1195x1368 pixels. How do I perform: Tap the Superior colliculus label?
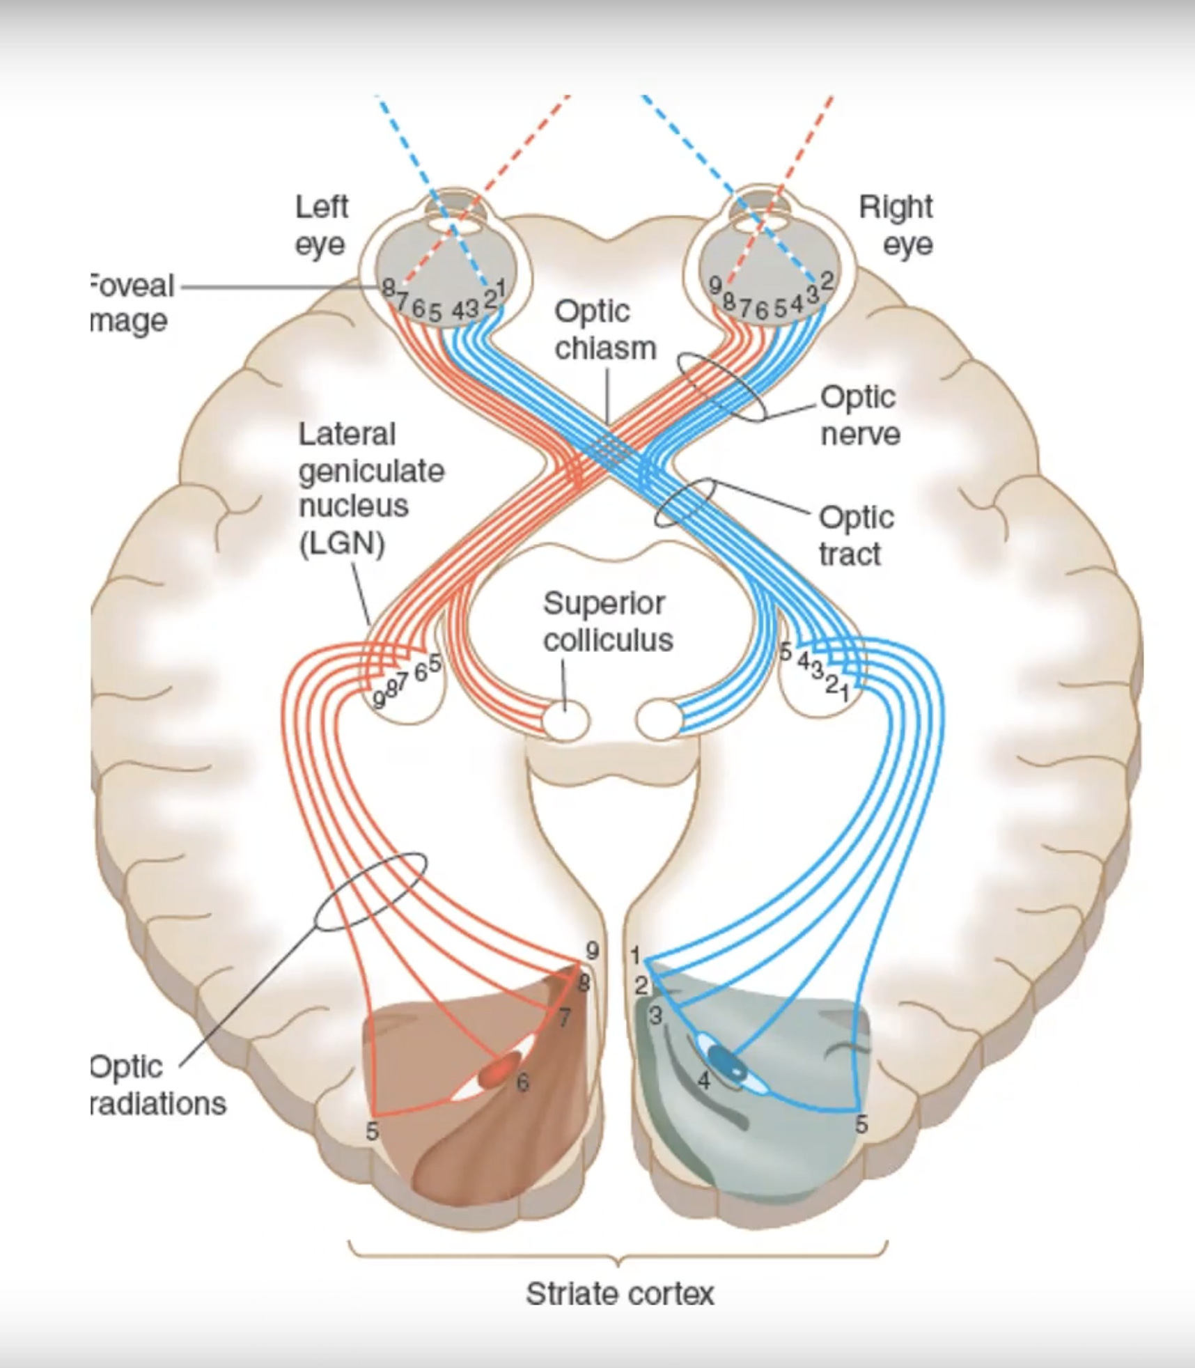pyautogui.click(x=607, y=621)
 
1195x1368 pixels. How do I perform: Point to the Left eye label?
pyautogui.click(x=321, y=225)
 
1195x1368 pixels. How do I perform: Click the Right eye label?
pyautogui.click(x=897, y=225)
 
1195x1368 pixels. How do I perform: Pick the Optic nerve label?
pyautogui.click(x=859, y=415)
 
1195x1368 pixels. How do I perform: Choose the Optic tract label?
pyautogui.click(x=855, y=536)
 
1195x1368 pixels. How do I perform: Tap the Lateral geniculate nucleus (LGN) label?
pyautogui.click(x=370, y=488)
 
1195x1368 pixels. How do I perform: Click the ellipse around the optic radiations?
pyautogui.click(x=370, y=892)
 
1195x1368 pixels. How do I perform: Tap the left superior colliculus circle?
pyautogui.click(x=565, y=720)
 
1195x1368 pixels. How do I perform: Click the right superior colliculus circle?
pyautogui.click(x=659, y=720)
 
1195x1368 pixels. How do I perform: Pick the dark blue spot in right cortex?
pyautogui.click(x=727, y=1063)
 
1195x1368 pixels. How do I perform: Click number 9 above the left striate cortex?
pyautogui.click(x=592, y=950)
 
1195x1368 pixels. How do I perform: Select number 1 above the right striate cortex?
pyautogui.click(x=635, y=956)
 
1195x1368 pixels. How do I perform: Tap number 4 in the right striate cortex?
pyautogui.click(x=704, y=1080)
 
